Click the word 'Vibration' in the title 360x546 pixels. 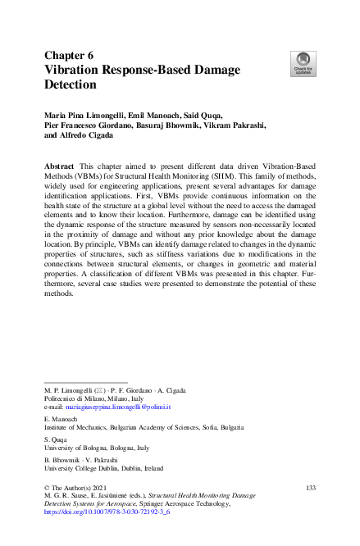(77, 68)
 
